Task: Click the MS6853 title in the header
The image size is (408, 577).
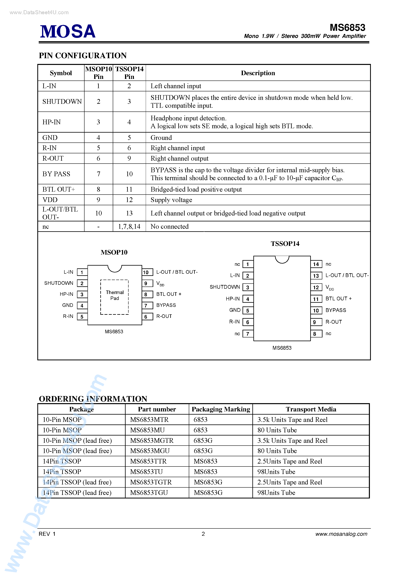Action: (347, 27)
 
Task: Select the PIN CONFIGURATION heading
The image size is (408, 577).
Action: (83, 55)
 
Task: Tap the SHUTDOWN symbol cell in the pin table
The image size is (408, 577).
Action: (62, 102)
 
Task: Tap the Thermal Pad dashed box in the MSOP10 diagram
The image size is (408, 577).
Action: (115, 297)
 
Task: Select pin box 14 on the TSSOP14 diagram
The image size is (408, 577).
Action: (316, 264)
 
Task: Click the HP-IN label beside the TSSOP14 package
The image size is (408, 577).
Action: (233, 299)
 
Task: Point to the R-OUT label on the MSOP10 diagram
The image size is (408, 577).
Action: (164, 316)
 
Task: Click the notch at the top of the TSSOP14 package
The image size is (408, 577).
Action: (282, 259)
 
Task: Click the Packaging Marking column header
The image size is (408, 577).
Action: (221, 409)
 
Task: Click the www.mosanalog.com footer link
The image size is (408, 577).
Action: (341, 534)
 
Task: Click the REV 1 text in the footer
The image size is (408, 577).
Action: (47, 534)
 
